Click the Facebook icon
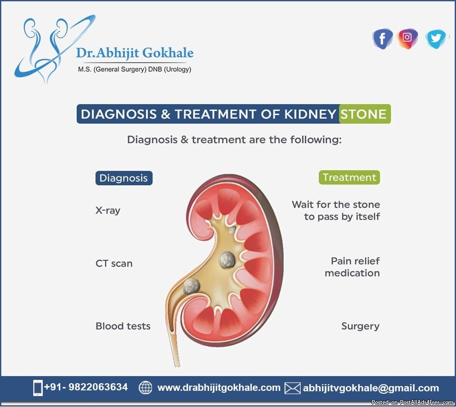(383, 39)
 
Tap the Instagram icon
(408, 38)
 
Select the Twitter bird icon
(436, 39)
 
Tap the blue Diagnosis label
(124, 178)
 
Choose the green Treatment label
(349, 177)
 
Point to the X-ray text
(108, 210)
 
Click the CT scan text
(114, 263)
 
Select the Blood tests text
(123, 326)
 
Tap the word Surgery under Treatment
(361, 326)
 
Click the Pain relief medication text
(352, 267)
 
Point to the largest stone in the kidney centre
(227, 260)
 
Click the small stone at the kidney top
(232, 230)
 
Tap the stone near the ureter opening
(191, 286)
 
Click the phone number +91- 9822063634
(86, 387)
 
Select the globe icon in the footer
(145, 388)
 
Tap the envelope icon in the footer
(292, 388)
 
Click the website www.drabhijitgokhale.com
(218, 388)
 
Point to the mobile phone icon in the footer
(38, 388)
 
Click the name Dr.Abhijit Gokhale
(134, 53)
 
